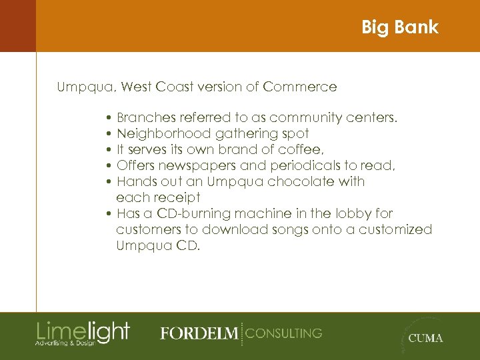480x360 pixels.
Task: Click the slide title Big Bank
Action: tap(399, 27)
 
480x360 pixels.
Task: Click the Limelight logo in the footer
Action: tap(83, 333)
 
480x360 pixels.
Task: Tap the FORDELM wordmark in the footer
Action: tap(199, 333)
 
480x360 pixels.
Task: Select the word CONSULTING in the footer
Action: tap(284, 333)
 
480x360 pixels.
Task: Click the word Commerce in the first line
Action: tap(300, 87)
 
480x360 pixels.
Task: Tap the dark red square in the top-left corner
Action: tap(17, 25)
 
